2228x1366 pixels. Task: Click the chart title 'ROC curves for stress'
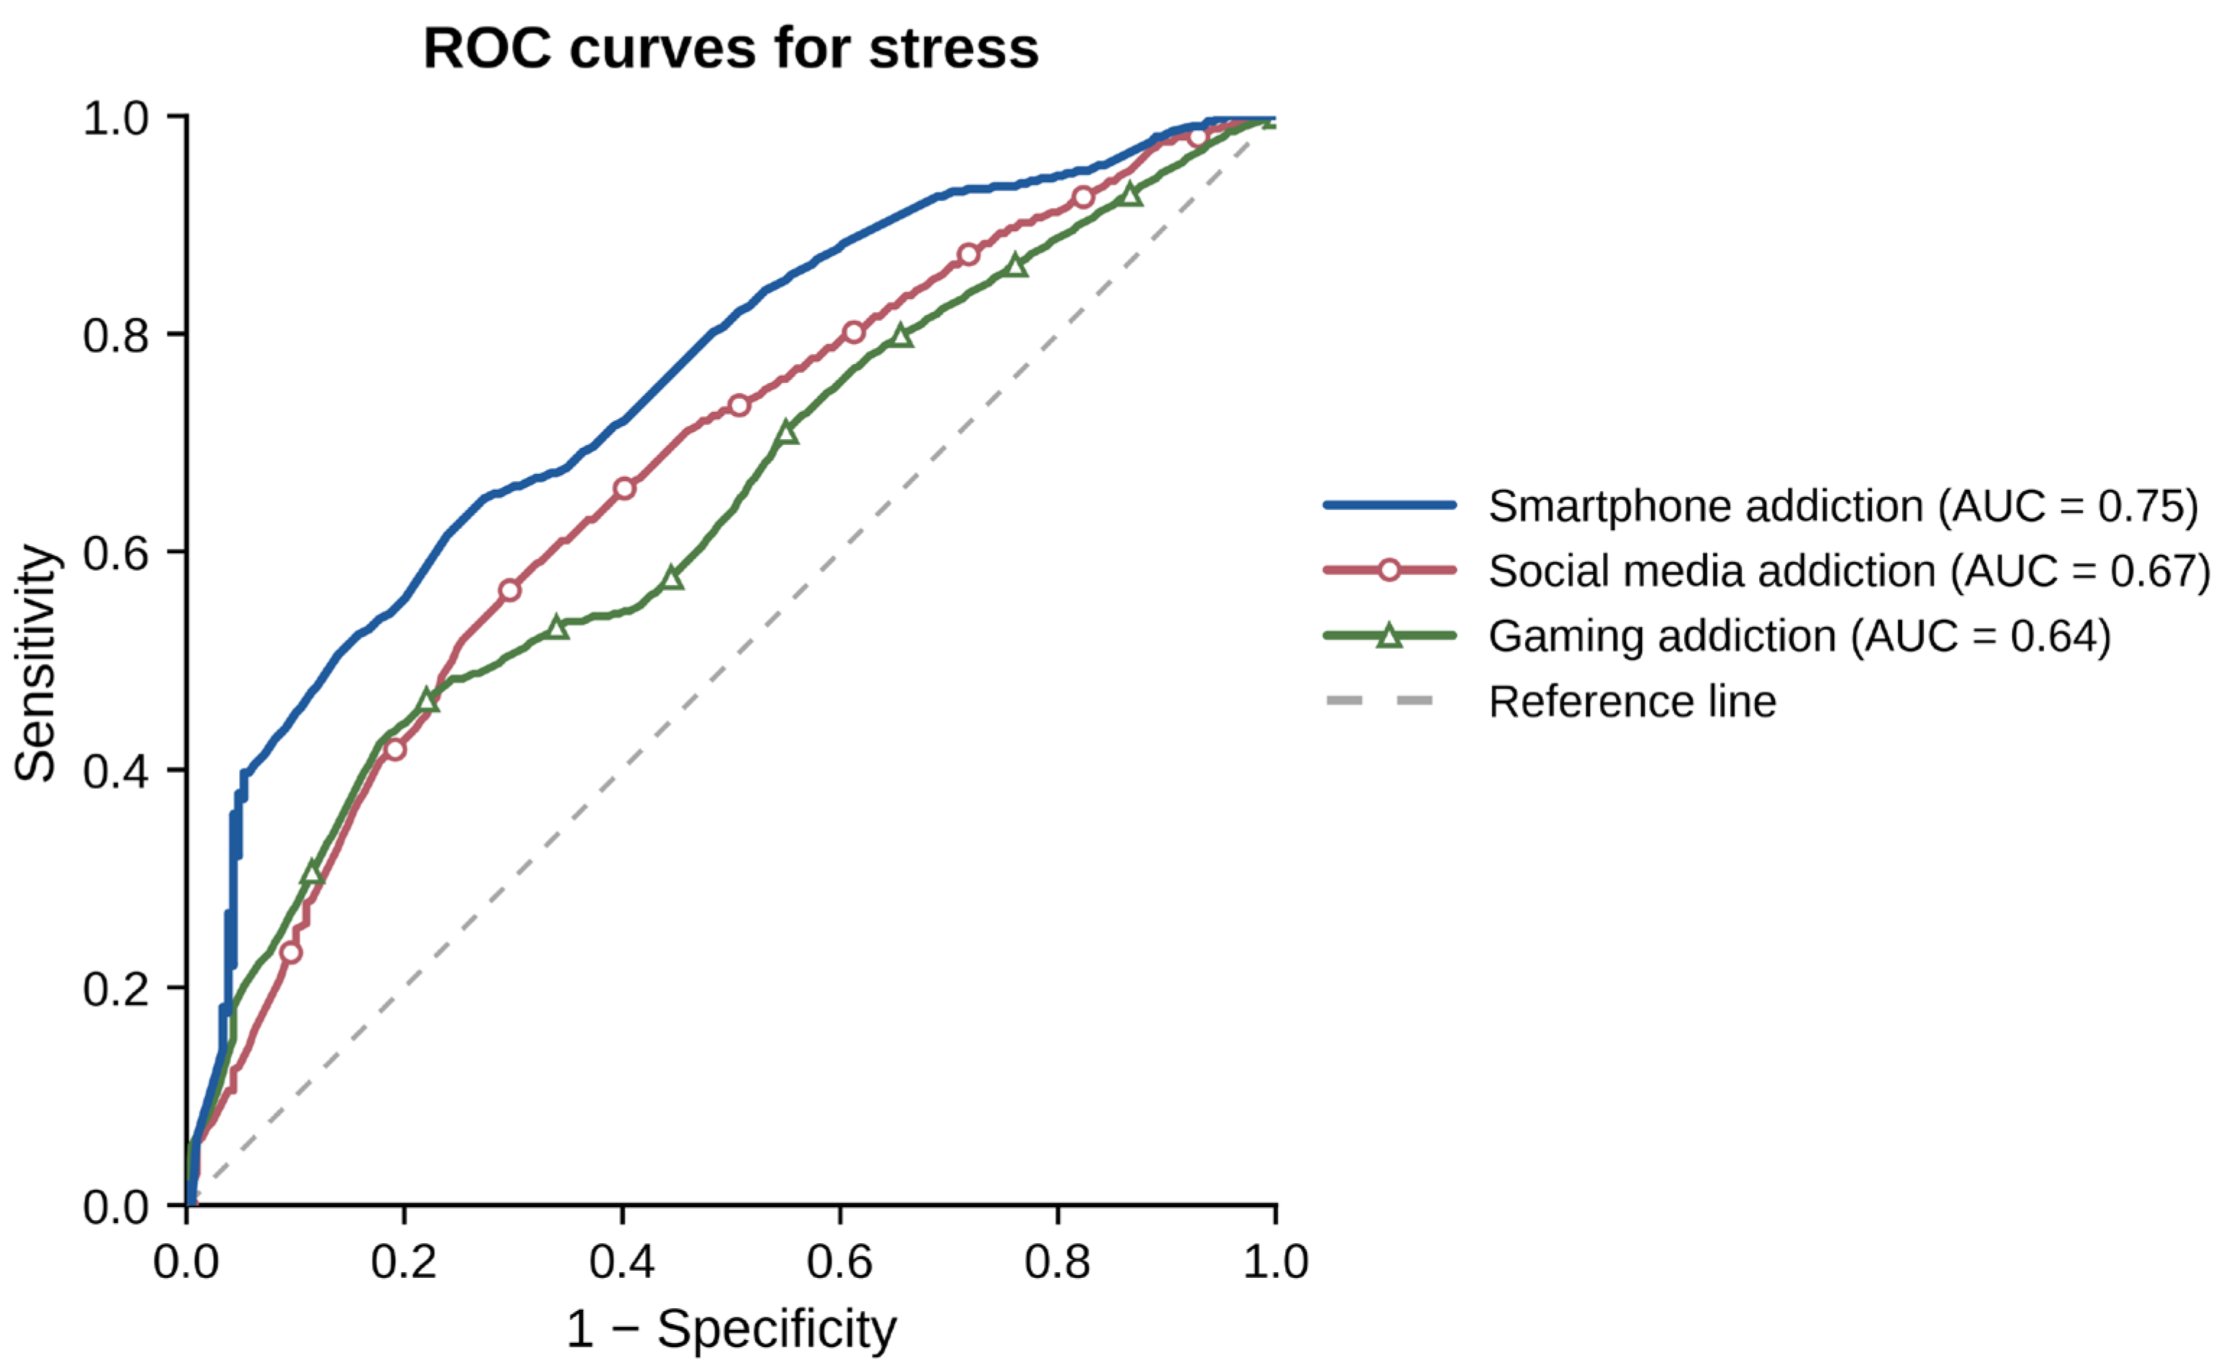click(730, 48)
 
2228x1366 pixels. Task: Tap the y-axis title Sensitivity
click(36, 662)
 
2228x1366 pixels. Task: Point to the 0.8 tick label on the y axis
click(116, 335)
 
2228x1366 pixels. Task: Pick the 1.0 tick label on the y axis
click(116, 118)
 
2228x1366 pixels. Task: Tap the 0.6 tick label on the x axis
click(840, 1261)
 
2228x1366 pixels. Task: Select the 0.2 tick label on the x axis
click(404, 1261)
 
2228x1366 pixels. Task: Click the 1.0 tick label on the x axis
click(1276, 1261)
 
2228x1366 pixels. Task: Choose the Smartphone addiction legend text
click(1843, 506)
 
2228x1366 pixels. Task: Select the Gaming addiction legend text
click(1800, 636)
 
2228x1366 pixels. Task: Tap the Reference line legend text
click(1632, 701)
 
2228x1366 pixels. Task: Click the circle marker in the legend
click(1390, 571)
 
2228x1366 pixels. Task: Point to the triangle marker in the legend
click(1390, 636)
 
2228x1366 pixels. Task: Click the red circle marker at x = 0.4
click(624, 489)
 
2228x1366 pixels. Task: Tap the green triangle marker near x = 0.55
click(787, 433)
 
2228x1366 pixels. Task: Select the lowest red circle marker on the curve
click(290, 952)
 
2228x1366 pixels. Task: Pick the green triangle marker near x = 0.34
click(558, 626)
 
